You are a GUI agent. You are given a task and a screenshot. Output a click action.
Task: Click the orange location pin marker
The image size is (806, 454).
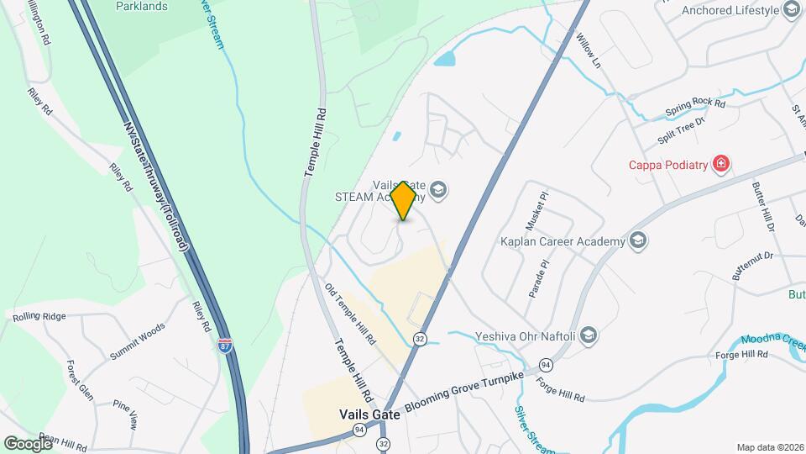click(x=404, y=200)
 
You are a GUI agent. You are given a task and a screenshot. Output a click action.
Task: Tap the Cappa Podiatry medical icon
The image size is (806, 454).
click(x=720, y=164)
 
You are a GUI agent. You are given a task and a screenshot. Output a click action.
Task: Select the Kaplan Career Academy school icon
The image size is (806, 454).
click(x=637, y=242)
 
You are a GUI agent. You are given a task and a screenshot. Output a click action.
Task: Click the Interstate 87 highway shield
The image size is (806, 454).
click(x=224, y=345)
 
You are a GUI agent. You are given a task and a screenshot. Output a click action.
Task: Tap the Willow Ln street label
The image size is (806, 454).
click(x=590, y=50)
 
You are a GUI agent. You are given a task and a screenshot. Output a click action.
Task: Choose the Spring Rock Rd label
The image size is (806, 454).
click(x=694, y=106)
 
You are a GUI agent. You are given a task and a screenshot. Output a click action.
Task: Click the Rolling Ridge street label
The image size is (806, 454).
click(x=39, y=317)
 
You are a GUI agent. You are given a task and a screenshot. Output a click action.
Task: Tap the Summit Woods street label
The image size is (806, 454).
click(x=138, y=343)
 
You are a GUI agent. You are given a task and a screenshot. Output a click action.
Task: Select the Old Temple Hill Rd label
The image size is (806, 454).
click(x=349, y=314)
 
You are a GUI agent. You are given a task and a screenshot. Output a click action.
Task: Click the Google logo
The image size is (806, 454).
click(x=28, y=443)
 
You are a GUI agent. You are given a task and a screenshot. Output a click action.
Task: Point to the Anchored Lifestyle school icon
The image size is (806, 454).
click(x=790, y=10)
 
